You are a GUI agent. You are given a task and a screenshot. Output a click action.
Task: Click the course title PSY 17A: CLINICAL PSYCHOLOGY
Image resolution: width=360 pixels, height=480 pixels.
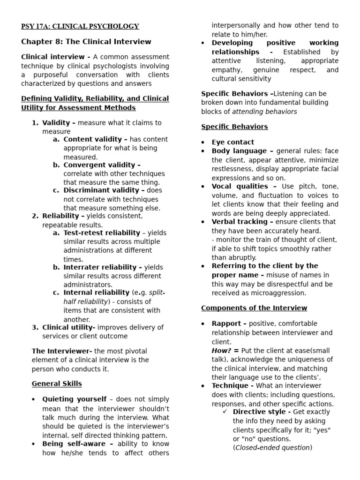pyautogui.click(x=80, y=26)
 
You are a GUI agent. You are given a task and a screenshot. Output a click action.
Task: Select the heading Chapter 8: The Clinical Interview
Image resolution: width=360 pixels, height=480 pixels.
pyautogui.click(x=86, y=42)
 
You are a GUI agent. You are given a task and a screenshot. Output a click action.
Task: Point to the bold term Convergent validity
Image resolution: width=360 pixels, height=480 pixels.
pyautogui.click(x=102, y=165)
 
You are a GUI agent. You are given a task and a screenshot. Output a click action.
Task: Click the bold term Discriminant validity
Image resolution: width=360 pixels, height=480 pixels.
pyautogui.click(x=104, y=190)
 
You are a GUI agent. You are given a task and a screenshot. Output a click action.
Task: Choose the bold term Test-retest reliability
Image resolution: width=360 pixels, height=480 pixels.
pyautogui.click(x=102, y=232)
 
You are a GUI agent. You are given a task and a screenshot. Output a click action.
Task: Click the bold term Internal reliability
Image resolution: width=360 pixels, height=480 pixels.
pyautogui.click(x=97, y=292)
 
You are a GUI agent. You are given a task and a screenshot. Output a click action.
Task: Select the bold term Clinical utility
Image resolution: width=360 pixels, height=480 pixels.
pyautogui.click(x=69, y=327)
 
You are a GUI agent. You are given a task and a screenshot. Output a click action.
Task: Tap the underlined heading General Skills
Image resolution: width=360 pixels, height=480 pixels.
pyautogui.click(x=57, y=383)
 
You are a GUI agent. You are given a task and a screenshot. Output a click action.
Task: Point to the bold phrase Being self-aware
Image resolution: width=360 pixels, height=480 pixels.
pyautogui.click(x=77, y=443)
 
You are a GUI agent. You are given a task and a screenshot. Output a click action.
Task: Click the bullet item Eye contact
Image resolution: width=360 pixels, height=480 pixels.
pyautogui.click(x=233, y=142)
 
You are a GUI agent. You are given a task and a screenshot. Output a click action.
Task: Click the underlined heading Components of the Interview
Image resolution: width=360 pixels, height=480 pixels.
pyautogui.click(x=254, y=308)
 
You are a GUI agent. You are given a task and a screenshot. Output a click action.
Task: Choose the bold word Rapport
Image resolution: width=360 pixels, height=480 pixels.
pyautogui.click(x=229, y=323)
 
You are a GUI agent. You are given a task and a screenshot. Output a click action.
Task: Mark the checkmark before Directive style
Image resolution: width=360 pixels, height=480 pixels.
pyautogui.click(x=225, y=412)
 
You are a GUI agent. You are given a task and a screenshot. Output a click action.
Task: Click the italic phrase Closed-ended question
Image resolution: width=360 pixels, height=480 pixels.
pyautogui.click(x=272, y=448)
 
